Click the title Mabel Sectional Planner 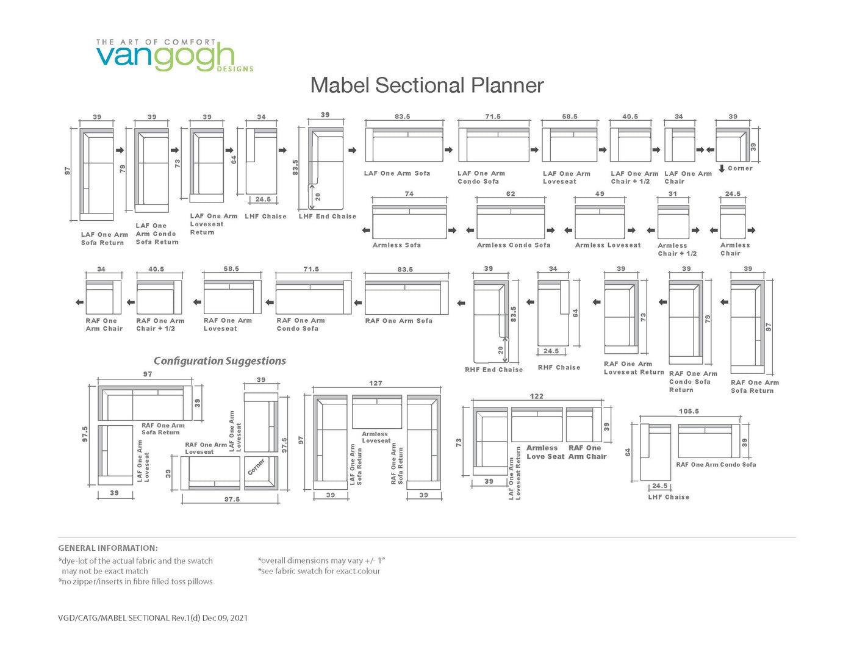tap(427, 85)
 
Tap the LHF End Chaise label tap(328, 217)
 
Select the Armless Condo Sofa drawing tap(511, 222)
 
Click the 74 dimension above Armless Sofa tap(409, 194)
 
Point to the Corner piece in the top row tap(733, 144)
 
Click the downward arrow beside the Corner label tap(722, 168)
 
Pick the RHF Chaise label tap(559, 367)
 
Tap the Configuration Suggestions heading tap(220, 360)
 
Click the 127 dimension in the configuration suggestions tap(375, 383)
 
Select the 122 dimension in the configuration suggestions tap(536, 396)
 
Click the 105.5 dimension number tap(689, 411)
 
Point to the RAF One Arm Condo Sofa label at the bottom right tap(716, 464)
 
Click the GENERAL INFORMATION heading tap(108, 548)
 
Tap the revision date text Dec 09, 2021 tap(225, 618)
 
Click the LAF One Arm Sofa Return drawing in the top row tap(96, 174)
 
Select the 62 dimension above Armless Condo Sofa tap(511, 194)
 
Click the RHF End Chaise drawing tap(491, 321)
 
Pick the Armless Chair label tap(735, 249)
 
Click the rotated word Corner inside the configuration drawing tap(256, 467)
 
